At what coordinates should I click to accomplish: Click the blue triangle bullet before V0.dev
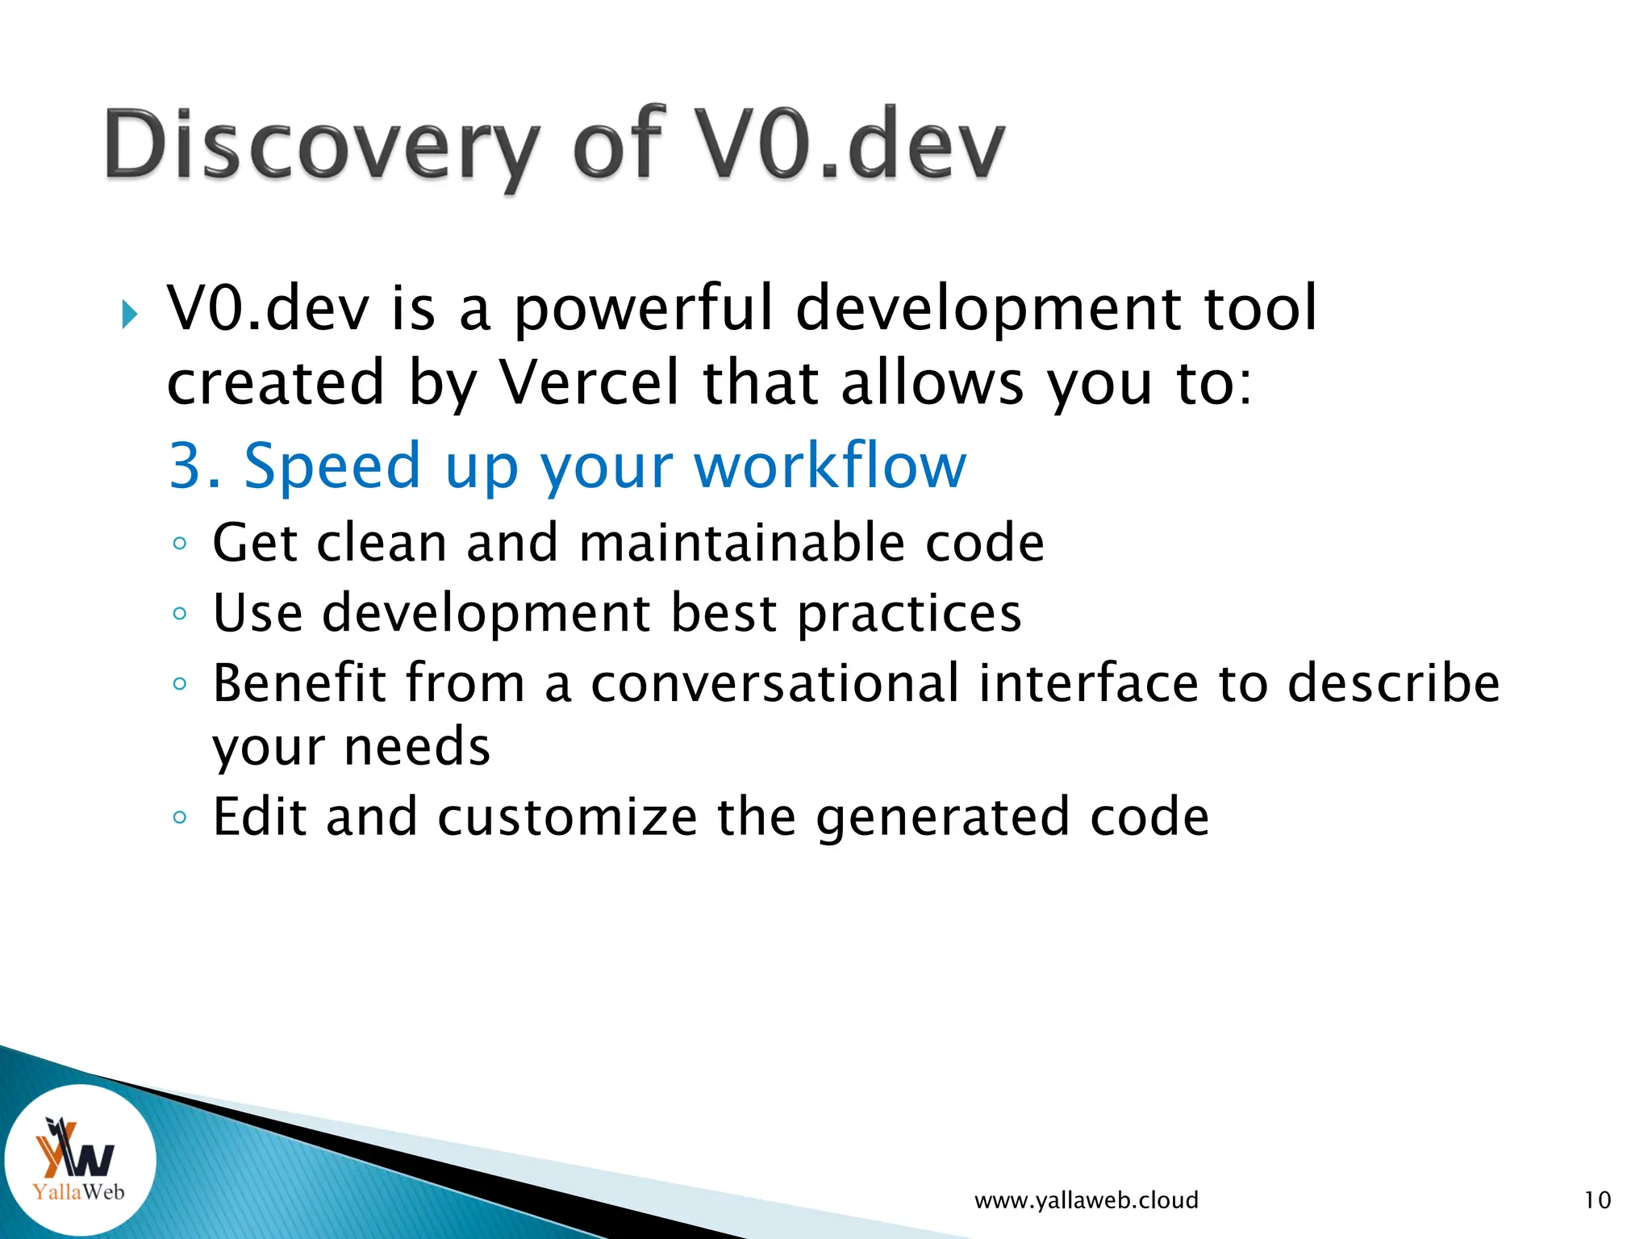[130, 314]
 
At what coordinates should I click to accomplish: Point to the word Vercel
[590, 382]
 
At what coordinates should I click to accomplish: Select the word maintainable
[741, 542]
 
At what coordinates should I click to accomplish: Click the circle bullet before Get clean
[180, 544]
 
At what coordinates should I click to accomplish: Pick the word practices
[909, 614]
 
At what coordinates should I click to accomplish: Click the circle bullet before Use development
[180, 614]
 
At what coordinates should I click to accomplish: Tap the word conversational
[775, 683]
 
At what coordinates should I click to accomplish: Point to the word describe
[1393, 683]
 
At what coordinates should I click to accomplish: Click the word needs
[417, 746]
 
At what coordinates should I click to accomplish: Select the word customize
[567, 817]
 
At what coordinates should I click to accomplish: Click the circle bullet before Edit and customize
[180, 818]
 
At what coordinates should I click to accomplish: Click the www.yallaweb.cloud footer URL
[1086, 1200]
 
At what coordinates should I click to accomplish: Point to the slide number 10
[1597, 1200]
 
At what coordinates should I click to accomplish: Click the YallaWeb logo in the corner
[79, 1160]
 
